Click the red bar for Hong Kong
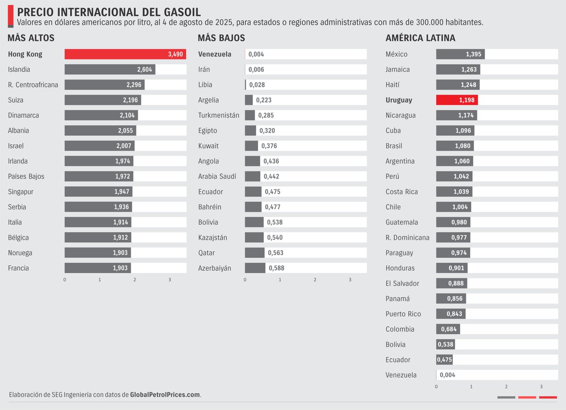click(x=125, y=54)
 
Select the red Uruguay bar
click(x=457, y=100)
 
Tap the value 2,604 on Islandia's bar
click(x=144, y=69)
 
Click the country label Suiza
click(x=16, y=100)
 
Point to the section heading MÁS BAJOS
click(x=221, y=38)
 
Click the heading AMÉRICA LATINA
click(x=420, y=38)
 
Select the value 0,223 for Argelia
click(x=264, y=100)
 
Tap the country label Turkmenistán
click(x=218, y=115)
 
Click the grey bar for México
click(x=460, y=54)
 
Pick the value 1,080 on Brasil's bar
click(x=462, y=146)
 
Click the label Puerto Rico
click(x=403, y=314)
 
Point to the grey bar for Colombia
click(x=448, y=329)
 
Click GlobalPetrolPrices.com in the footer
click(x=165, y=394)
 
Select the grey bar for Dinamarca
click(x=101, y=115)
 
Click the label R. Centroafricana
click(x=33, y=85)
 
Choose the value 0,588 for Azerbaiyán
click(x=276, y=268)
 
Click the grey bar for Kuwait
click(x=251, y=146)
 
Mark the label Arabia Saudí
click(x=217, y=176)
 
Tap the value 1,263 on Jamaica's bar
click(x=468, y=69)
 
